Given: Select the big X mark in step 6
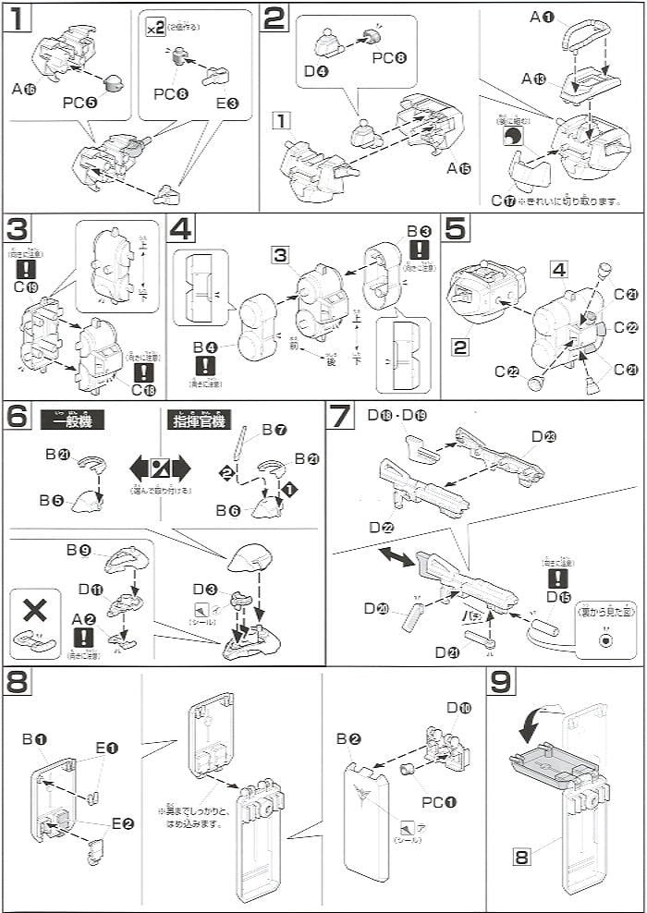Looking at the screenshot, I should [34, 610].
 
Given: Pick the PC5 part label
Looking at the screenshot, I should [79, 103].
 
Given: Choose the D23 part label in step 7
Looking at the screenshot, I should [542, 435].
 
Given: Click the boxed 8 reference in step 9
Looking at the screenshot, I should [524, 858].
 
